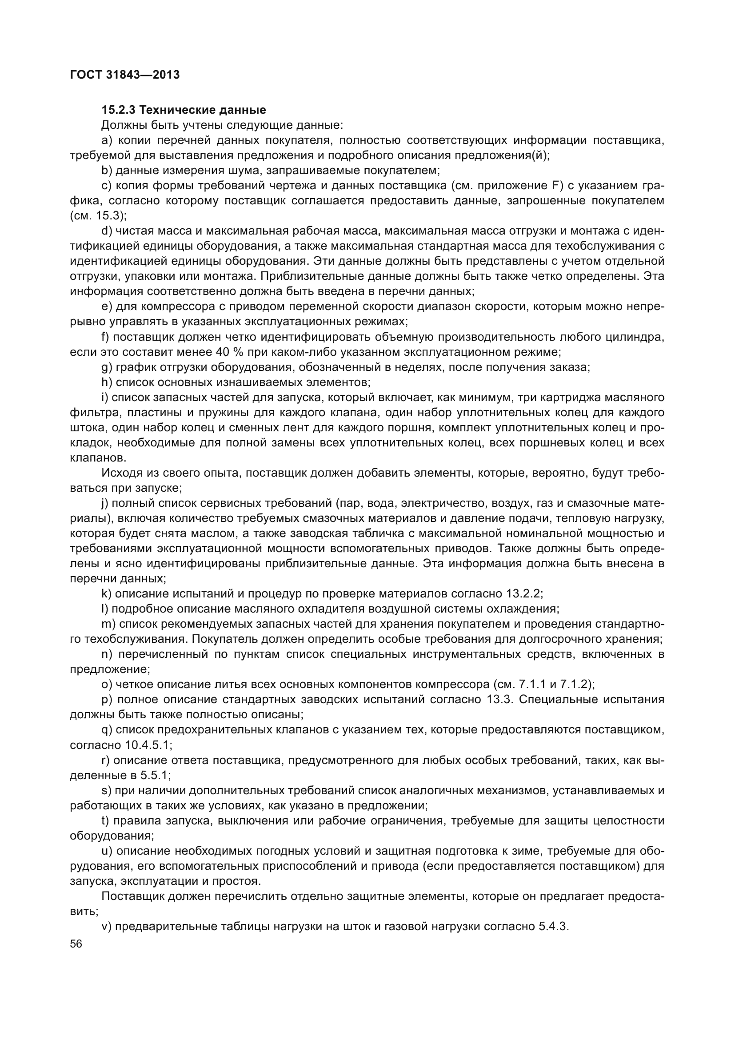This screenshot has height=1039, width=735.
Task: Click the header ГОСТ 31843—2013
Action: (x=125, y=75)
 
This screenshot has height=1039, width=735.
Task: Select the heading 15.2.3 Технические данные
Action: (x=184, y=110)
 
